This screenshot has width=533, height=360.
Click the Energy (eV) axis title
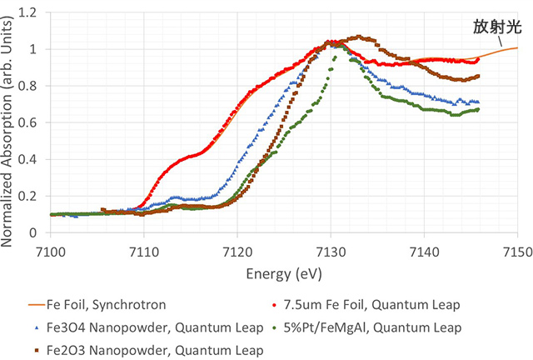coord(283,273)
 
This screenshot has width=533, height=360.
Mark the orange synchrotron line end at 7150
coord(517,47)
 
